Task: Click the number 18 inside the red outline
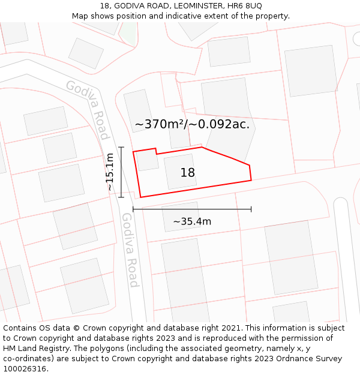[x=188, y=173]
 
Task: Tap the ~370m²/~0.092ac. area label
[x=192, y=124]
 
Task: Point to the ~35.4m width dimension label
[x=192, y=221]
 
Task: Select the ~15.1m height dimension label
[x=110, y=172]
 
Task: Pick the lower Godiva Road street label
[x=130, y=250]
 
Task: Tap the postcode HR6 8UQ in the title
[x=245, y=5]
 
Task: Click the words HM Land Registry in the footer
[x=32, y=348]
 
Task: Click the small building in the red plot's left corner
[x=148, y=160]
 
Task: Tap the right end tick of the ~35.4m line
[x=251, y=209]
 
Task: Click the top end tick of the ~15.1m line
[x=121, y=147]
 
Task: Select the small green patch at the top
[x=128, y=33]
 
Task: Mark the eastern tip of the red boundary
[x=251, y=179]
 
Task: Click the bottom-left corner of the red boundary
[x=140, y=197]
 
